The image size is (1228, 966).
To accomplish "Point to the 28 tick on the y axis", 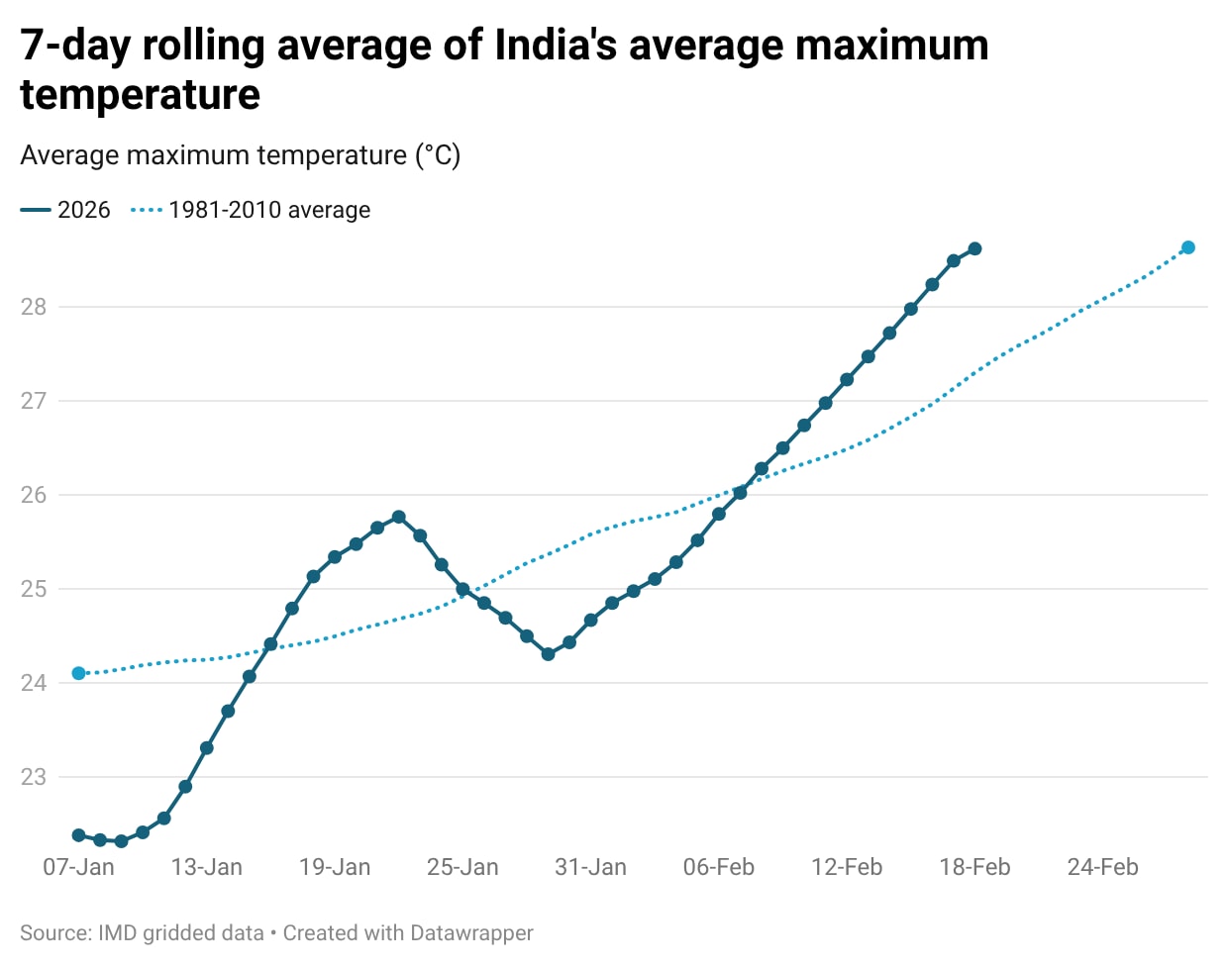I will (34, 307).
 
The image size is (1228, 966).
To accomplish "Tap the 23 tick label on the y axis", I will (34, 777).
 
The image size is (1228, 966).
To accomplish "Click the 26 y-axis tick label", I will (34, 495).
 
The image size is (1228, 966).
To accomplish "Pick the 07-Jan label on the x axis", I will (78, 867).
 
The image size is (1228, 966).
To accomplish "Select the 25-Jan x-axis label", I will (462, 867).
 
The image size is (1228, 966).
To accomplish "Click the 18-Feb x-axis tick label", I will (974, 867).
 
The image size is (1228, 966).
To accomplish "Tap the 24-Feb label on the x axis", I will (1102, 867).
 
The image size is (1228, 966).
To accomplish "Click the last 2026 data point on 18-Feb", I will (974, 248).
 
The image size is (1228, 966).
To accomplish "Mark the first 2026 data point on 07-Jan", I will (79, 835).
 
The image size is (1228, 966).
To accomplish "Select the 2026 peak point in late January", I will (399, 517).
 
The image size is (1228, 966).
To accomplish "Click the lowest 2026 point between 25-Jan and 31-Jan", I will (549, 654).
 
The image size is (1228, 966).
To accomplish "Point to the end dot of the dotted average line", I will (1188, 247).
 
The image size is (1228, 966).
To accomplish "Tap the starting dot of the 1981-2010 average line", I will (79, 674).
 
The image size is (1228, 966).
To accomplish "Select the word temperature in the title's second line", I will (140, 95).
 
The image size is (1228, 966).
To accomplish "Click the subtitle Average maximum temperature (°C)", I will (241, 155).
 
